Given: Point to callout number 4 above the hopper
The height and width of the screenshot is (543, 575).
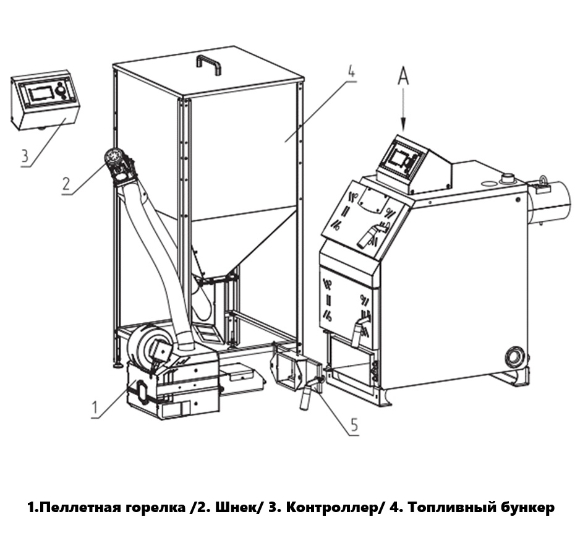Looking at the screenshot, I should (351, 69).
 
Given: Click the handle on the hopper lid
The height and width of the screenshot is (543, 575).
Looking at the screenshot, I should (209, 63).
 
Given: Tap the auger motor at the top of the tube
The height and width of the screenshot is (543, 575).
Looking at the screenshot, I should (118, 163).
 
